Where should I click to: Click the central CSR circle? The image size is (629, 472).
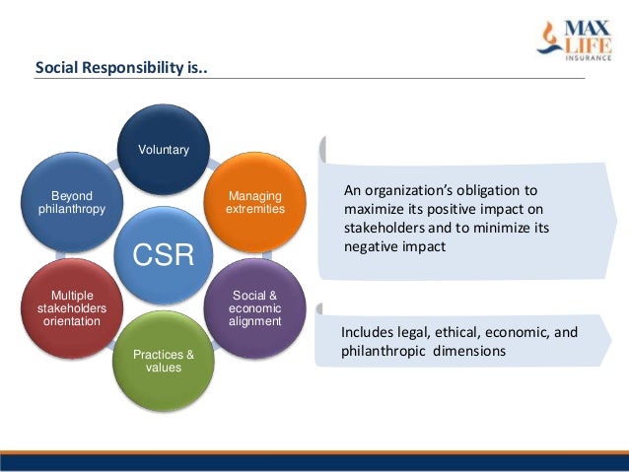(163, 254)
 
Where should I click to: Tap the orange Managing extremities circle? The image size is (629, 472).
(254, 203)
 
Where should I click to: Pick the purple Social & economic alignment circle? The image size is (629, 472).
(254, 306)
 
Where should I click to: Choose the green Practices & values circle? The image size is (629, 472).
(163, 360)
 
